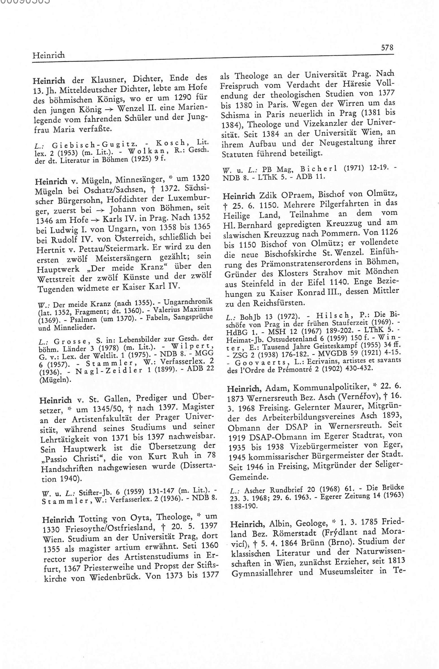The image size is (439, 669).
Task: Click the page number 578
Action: pyautogui.click(x=387, y=48)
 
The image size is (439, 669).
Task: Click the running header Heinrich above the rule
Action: pyautogui.click(x=48, y=55)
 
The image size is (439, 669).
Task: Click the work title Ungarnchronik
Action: pyautogui.click(x=188, y=302)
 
